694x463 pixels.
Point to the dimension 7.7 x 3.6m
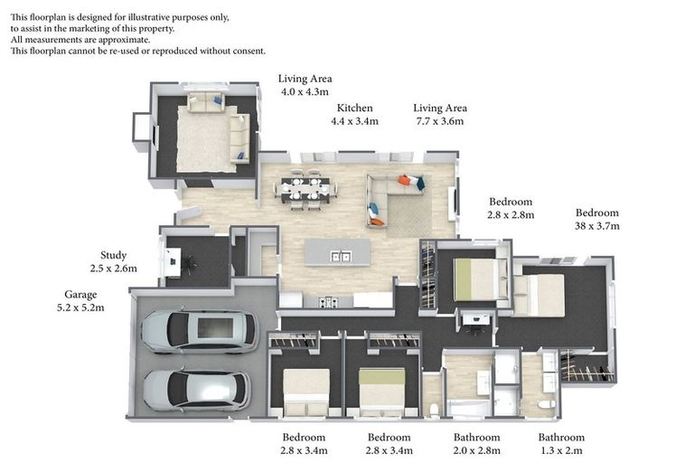(x=439, y=121)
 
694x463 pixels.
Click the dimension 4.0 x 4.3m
(x=305, y=92)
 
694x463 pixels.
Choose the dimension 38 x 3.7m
(x=597, y=226)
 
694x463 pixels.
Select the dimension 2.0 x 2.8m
(x=475, y=449)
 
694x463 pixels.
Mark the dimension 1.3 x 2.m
(x=561, y=449)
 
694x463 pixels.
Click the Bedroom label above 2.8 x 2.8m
(x=511, y=202)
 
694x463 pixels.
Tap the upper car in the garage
(x=200, y=329)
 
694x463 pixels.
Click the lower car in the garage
(x=196, y=389)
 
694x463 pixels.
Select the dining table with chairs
(x=305, y=189)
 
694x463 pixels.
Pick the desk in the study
(x=173, y=262)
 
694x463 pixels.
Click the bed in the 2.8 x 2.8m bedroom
(x=474, y=279)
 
